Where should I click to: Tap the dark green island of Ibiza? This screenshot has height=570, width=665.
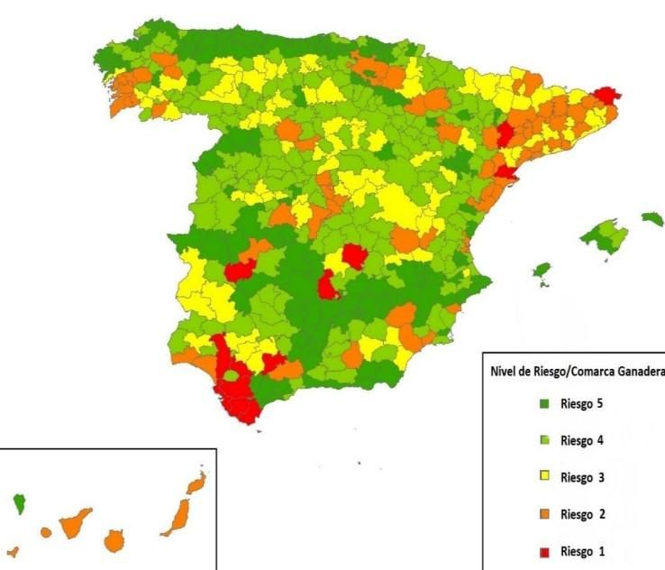542,270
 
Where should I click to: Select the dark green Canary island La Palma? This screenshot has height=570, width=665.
19,503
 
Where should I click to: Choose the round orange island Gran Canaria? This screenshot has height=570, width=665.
114,540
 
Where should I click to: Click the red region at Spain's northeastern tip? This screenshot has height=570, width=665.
609,96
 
